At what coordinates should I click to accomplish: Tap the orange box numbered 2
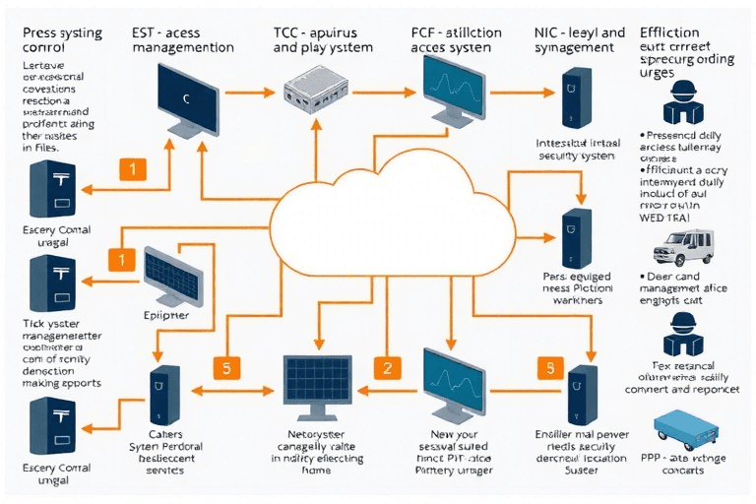click(387, 368)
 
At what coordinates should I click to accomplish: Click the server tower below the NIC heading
click(572, 95)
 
